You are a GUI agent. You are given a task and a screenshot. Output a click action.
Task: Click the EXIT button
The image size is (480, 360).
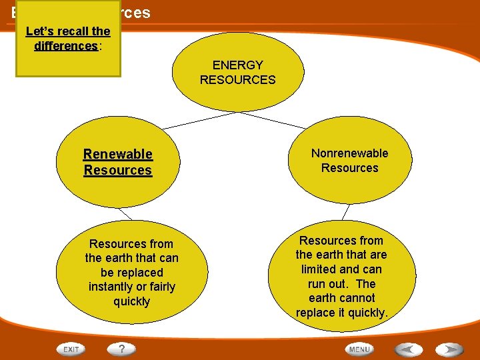click(71, 349)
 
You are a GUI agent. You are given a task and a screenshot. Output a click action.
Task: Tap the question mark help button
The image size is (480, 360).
click(122, 349)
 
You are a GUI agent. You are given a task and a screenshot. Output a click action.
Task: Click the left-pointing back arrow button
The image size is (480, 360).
click(407, 349)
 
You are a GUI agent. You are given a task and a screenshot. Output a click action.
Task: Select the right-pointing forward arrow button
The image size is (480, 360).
click(449, 349)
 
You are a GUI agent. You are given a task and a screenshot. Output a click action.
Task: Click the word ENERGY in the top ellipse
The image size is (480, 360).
click(237, 65)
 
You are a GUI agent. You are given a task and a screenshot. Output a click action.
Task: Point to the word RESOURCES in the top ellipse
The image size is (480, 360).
click(237, 80)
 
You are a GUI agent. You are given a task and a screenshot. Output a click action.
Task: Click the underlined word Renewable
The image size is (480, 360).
click(118, 155)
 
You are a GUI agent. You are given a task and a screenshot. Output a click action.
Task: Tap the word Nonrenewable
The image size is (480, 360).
click(349, 153)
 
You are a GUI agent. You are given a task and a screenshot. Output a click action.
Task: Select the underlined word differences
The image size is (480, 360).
click(65, 46)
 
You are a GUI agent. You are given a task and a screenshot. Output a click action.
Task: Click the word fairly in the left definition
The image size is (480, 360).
click(159, 287)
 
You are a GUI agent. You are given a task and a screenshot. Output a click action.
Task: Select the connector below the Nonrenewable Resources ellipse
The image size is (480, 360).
click(345, 212)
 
